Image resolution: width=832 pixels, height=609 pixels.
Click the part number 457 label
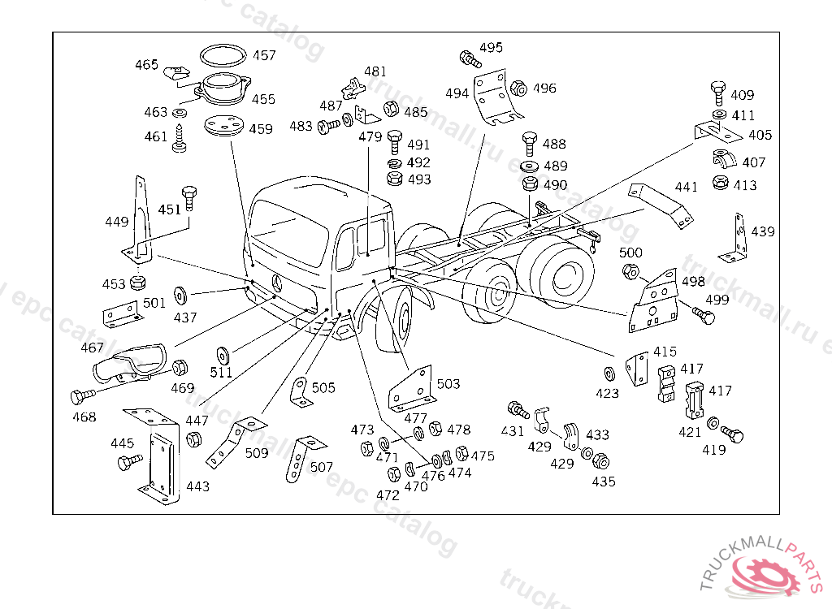tap(263, 56)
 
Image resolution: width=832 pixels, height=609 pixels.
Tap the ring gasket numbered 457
tap(223, 55)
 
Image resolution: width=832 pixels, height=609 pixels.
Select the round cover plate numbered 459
tap(225, 128)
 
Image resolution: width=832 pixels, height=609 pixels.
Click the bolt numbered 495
tap(470, 58)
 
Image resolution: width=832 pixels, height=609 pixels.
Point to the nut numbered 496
tap(520, 87)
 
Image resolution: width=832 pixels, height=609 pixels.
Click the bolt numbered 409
tap(718, 89)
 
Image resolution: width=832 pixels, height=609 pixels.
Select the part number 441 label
tap(686, 188)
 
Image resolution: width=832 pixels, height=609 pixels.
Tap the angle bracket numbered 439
tap(739, 236)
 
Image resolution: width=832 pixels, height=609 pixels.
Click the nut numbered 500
tap(630, 272)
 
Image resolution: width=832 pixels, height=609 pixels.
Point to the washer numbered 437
tap(179, 292)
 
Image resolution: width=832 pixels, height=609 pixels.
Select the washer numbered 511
tap(220, 355)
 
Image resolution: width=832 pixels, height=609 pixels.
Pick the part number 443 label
tap(197, 486)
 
